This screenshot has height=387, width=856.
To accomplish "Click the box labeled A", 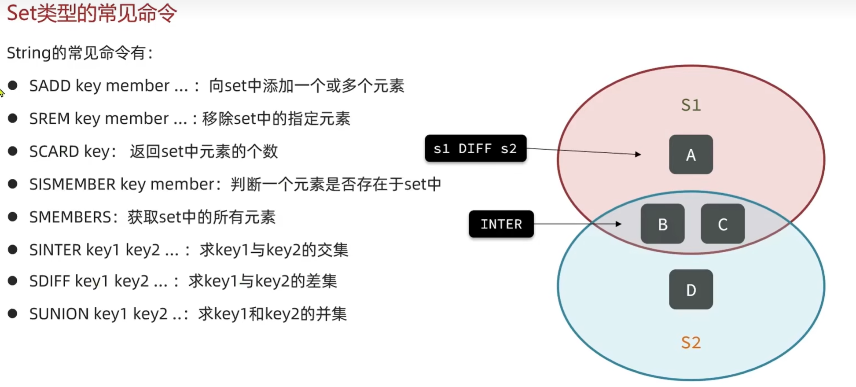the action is (x=691, y=155).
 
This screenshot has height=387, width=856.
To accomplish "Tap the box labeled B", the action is (x=662, y=224).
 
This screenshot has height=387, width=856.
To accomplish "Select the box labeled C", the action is (x=723, y=224).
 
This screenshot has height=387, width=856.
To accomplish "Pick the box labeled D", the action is (x=691, y=289).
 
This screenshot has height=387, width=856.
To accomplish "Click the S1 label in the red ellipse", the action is (x=691, y=105).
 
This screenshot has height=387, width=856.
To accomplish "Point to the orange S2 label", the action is (x=691, y=342).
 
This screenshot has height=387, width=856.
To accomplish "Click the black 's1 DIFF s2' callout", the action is (x=475, y=148).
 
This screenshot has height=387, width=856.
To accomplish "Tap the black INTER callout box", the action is (x=501, y=224).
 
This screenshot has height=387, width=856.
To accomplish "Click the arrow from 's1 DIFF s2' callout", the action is (x=584, y=151).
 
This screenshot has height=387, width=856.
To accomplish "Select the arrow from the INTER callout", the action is (x=578, y=224).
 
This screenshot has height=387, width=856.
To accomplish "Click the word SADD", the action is (x=50, y=85).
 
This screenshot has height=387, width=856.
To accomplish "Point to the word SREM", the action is (x=49, y=118).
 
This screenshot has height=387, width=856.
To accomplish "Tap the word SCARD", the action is (x=54, y=151).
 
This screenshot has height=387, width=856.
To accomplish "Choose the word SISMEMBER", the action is (x=72, y=184).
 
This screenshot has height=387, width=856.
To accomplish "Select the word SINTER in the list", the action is (x=55, y=250).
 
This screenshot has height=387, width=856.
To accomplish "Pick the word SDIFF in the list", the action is (x=49, y=281).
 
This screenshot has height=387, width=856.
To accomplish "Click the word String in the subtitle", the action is (x=29, y=53).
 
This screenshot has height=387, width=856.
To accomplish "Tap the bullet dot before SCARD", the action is (x=13, y=151).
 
